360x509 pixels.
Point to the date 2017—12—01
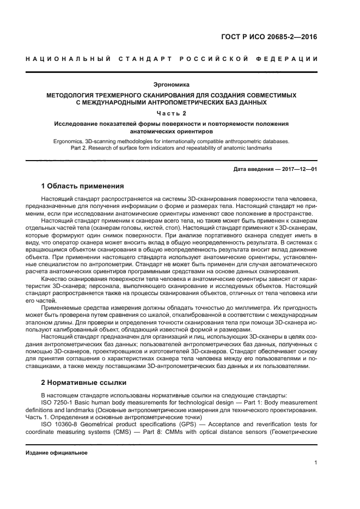299,169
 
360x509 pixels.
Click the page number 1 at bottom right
316,463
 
